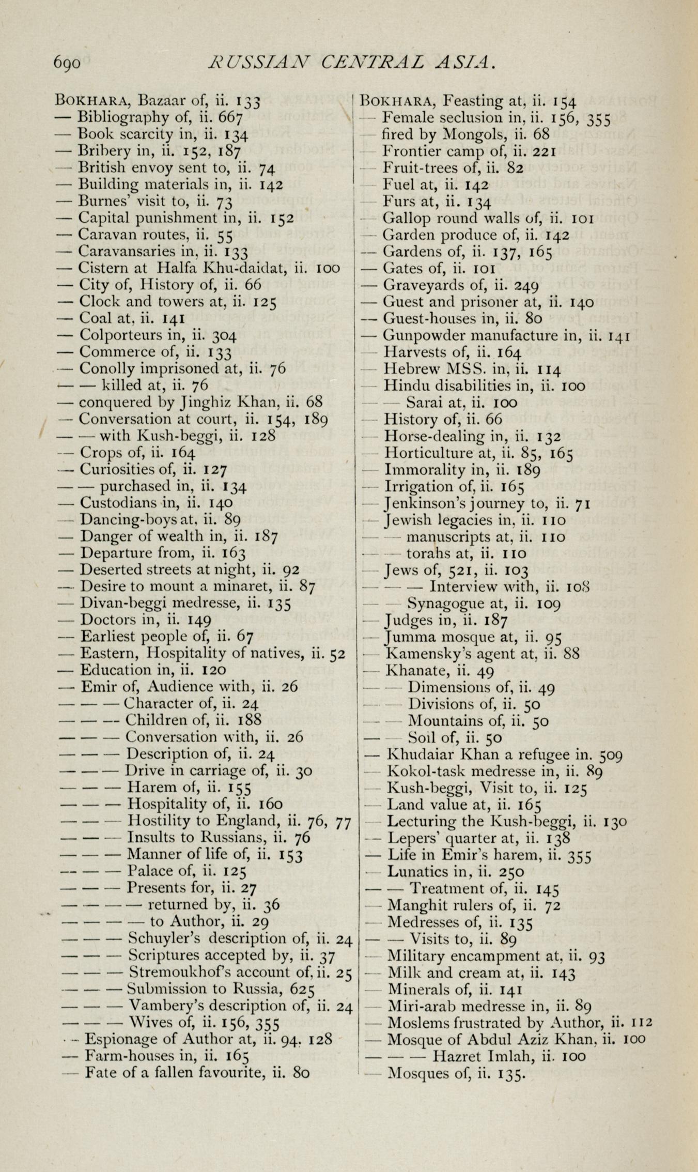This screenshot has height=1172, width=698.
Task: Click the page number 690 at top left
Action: (67, 63)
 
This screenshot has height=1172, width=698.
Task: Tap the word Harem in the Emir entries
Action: (153, 787)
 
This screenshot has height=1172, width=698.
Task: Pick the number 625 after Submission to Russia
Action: (302, 989)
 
